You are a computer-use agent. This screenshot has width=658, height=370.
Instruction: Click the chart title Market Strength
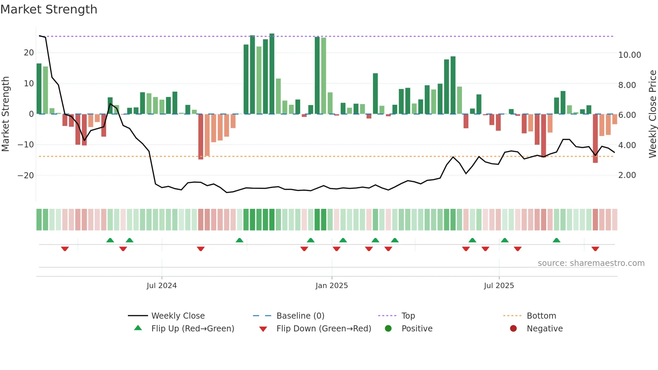coord(49,9)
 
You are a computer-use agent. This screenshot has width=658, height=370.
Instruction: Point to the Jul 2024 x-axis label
coord(161,286)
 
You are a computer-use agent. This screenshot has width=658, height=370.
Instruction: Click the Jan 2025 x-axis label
coord(332,286)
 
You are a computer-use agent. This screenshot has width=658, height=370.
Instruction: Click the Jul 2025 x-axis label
coord(499,286)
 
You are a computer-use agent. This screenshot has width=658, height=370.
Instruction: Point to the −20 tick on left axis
coord(26,176)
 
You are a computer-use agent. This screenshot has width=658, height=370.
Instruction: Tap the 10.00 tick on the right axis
coord(629,55)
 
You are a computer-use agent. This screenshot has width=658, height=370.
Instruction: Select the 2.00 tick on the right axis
coord(627,175)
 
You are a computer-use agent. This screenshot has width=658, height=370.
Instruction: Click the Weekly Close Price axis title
coord(652,114)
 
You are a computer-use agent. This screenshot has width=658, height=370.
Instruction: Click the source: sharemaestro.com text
coord(591,263)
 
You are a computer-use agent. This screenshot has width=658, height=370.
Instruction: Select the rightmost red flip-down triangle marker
coord(595,249)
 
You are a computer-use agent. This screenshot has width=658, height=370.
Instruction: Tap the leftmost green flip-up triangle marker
coord(110,240)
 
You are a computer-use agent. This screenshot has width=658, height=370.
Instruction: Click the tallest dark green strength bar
coord(272,74)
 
